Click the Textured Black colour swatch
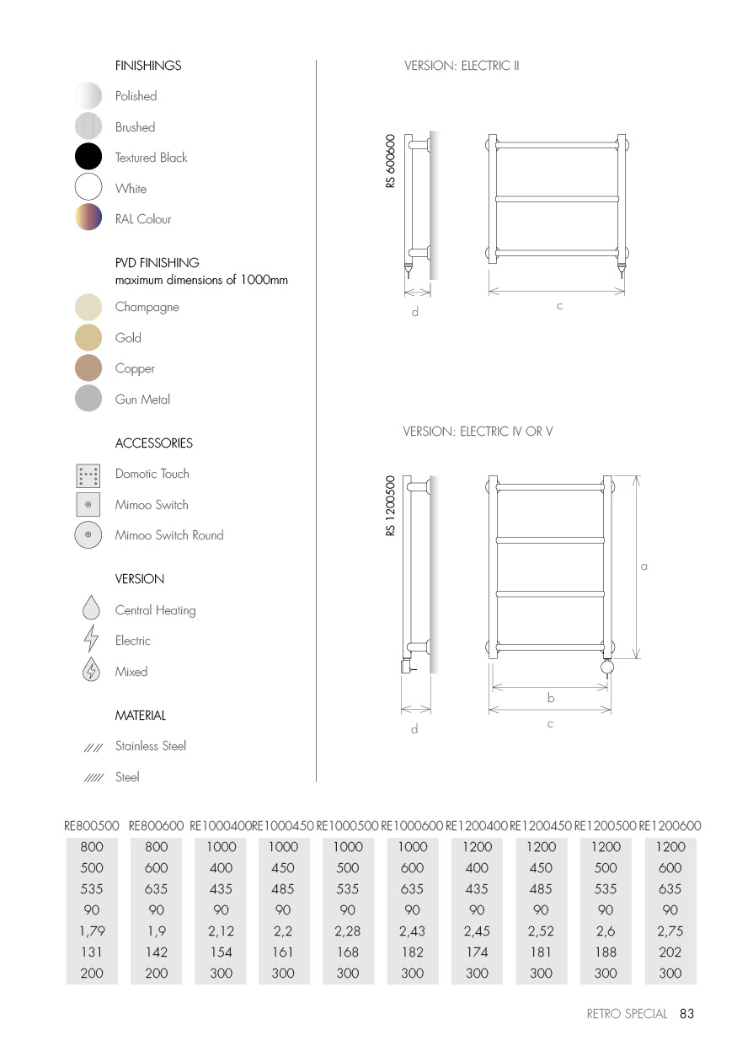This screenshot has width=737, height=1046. point(88,158)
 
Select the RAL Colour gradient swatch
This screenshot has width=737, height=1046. point(88,218)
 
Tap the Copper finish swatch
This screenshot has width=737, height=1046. point(88,368)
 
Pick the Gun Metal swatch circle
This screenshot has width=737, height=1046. point(88,399)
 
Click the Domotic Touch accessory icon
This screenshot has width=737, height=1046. point(88,475)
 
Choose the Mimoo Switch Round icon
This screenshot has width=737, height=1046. point(88,535)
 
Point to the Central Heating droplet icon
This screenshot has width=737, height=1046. point(91,609)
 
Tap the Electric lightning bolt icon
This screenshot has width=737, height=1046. point(91,641)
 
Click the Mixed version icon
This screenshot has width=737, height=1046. point(91,671)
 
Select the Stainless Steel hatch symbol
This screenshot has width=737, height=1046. point(93,747)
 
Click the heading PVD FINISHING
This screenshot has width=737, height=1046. point(158,263)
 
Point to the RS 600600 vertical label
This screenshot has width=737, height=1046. point(391,161)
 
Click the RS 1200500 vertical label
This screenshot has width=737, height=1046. point(391,507)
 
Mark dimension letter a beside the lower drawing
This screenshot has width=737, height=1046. point(644,567)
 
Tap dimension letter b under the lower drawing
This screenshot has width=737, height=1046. point(551,698)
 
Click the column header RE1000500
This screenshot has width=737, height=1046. point(347,827)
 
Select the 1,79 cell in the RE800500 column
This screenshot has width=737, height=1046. point(92,931)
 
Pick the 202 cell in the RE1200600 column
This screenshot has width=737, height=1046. point(670,952)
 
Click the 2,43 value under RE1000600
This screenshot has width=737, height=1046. point(412,931)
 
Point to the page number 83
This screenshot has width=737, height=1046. point(686,1014)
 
